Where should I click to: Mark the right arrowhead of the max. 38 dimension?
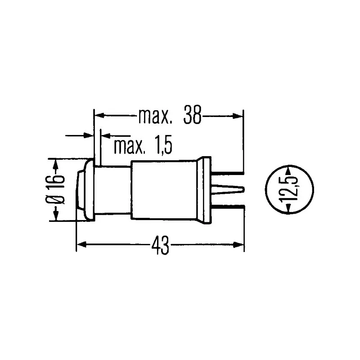point(238,117)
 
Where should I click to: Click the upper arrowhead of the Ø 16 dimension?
point(56,163)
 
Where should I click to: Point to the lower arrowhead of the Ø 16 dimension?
point(56,216)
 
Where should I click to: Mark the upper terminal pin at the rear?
point(227,173)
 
